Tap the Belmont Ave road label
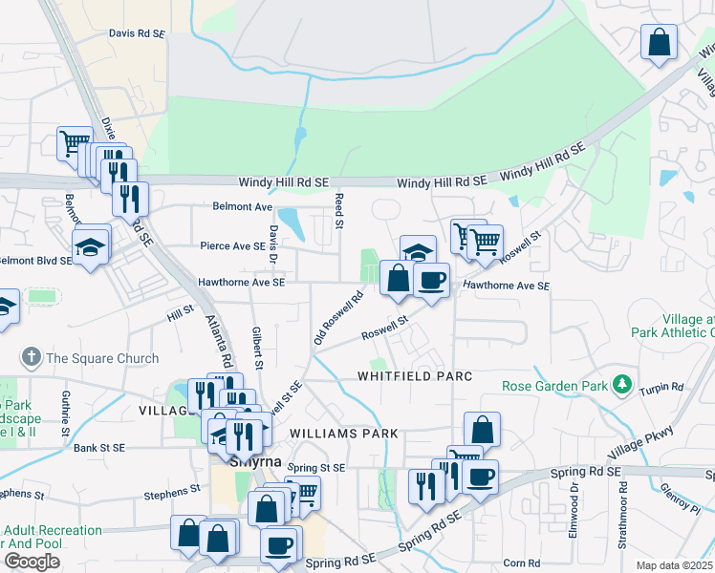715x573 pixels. pos(244,206)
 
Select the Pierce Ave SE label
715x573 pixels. pos(232,245)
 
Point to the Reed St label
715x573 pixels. pos(338,210)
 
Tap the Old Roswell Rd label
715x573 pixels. pos(340,318)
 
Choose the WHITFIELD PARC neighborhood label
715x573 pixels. pos(415,376)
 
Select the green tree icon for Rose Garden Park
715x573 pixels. pos(623,384)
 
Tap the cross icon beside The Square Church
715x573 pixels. pos(31,358)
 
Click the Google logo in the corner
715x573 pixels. pos(32,562)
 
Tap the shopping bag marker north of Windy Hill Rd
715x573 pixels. pos(659,43)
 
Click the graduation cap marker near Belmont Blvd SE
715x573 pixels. pos(90,247)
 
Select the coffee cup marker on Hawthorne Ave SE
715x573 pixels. pos(432,280)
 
